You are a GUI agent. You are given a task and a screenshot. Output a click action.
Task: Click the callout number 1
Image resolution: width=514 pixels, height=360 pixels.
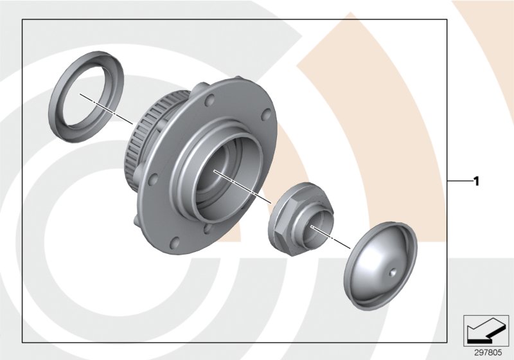click(x=476, y=182)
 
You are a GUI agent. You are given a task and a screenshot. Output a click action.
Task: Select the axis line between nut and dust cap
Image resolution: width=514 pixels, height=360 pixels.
click(x=337, y=240)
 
